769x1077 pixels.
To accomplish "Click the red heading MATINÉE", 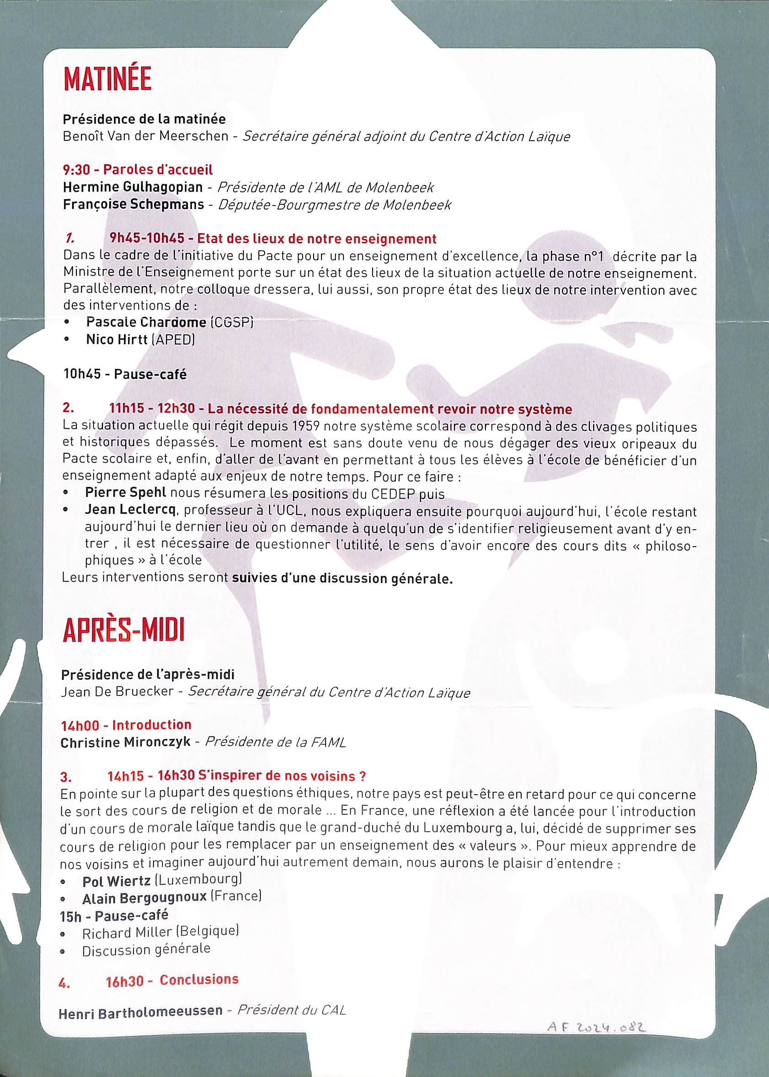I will pyautogui.click(x=107, y=80).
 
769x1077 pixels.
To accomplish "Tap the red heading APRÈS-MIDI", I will pyautogui.click(x=123, y=630).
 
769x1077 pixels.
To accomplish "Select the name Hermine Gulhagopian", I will pyautogui.click(x=133, y=187).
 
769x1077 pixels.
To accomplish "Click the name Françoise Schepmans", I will pyautogui.click(x=134, y=204).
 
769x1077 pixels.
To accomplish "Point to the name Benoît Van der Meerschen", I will pyautogui.click(x=145, y=136).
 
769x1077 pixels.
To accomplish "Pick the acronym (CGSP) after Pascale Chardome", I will pyautogui.click(x=232, y=323).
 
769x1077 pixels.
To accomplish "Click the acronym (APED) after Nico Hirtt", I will pyautogui.click(x=173, y=340).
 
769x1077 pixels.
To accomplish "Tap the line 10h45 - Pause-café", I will pyautogui.click(x=125, y=374).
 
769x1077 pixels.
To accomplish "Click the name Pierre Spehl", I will pyautogui.click(x=125, y=493).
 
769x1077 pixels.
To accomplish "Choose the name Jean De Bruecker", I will pyautogui.click(x=117, y=691).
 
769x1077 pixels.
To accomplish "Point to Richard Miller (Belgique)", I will pyautogui.click(x=160, y=932).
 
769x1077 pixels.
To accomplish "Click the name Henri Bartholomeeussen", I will pyautogui.click(x=141, y=1011).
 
